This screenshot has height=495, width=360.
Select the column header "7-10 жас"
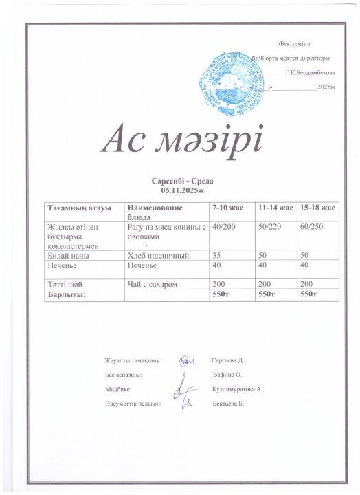[227, 207]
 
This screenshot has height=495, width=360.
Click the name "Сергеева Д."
[229, 360]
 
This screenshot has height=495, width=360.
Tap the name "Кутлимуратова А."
[238, 389]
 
